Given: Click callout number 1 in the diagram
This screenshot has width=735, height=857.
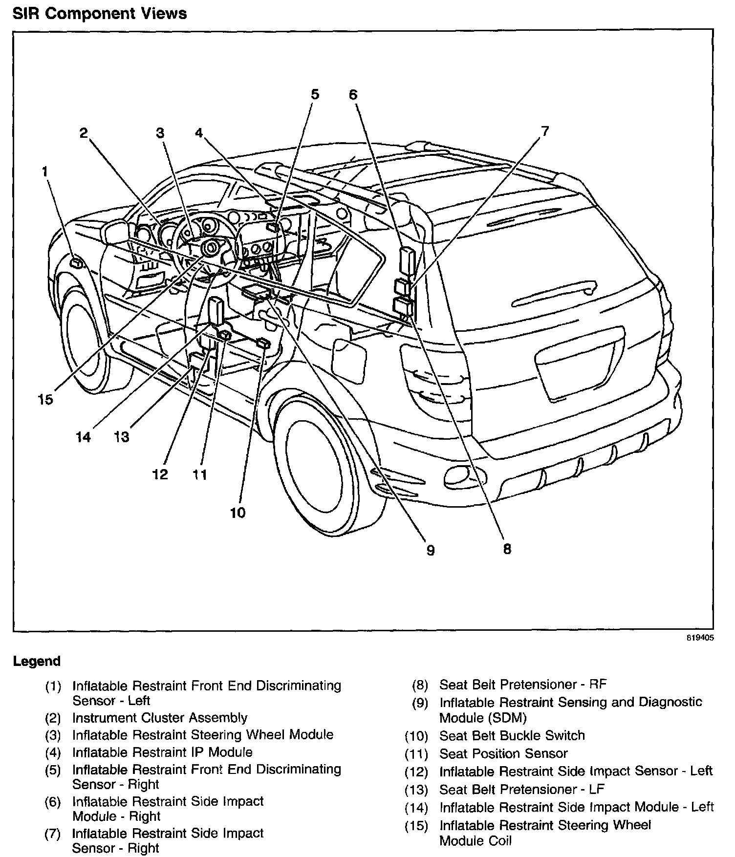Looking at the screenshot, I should click(45, 171).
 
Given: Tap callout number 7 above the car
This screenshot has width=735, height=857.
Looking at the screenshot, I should click(544, 131).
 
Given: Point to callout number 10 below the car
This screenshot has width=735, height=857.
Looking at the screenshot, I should click(238, 513).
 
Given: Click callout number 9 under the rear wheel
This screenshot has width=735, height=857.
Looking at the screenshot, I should click(430, 550).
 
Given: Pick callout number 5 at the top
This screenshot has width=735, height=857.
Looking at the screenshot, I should click(315, 94).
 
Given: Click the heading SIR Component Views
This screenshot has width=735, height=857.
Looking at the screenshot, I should click(100, 13).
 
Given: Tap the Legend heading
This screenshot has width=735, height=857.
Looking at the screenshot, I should click(37, 662).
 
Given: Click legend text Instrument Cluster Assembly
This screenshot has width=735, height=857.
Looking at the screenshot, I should click(159, 718).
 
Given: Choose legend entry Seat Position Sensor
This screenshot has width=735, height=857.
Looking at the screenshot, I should click(503, 753).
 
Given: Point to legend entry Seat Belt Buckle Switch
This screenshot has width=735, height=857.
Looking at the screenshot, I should click(512, 735).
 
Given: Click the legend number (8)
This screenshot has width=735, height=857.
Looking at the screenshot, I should click(419, 685).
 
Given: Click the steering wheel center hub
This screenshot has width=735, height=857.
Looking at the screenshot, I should click(211, 248).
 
